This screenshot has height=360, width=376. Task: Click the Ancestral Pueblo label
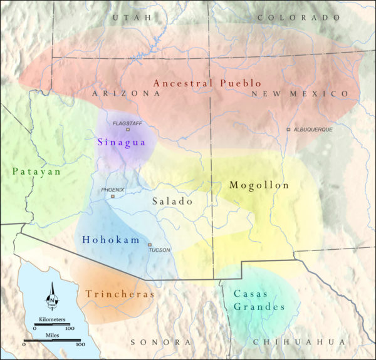(207, 83)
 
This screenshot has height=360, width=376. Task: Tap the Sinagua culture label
(122, 142)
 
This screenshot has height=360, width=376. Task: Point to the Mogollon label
(259, 185)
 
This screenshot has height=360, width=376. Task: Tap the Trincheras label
(120, 293)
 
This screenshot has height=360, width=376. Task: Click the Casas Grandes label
(259, 300)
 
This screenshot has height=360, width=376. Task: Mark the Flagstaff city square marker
(128, 130)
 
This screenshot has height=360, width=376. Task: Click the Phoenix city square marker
(113, 197)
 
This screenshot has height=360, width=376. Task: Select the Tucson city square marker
(150, 245)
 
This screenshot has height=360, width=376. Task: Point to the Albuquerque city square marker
(288, 130)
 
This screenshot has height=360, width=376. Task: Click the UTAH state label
(131, 18)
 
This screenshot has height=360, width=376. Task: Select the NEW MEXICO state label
(300, 93)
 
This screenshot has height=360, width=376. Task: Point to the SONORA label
(160, 342)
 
